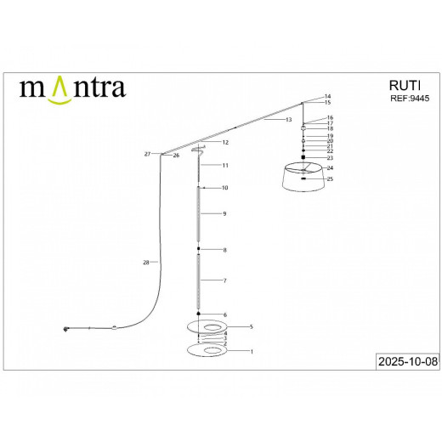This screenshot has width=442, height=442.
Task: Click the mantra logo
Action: (x=72, y=88)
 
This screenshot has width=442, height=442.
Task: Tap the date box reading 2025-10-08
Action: (x=406, y=360)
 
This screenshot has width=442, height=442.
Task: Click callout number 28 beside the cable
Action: (x=146, y=263)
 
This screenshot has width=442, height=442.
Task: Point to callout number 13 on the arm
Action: (x=288, y=120)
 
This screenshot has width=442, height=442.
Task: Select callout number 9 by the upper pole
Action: (x=224, y=213)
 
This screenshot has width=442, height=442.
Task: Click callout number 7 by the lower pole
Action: (x=224, y=280)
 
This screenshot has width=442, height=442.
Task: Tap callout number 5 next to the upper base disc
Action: (x=251, y=326)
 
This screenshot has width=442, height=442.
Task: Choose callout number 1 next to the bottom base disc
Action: (x=251, y=351)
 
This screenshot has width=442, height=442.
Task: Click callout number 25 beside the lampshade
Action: (x=330, y=179)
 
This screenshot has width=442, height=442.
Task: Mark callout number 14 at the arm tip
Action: (x=328, y=96)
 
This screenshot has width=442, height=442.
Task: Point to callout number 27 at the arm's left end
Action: (x=147, y=154)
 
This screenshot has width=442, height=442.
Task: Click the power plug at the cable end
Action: (x=65, y=329)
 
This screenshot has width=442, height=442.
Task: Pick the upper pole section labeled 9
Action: (x=199, y=213)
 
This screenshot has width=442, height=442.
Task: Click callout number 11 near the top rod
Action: (x=225, y=164)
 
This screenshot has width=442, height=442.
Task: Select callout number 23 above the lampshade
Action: (x=330, y=158)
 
